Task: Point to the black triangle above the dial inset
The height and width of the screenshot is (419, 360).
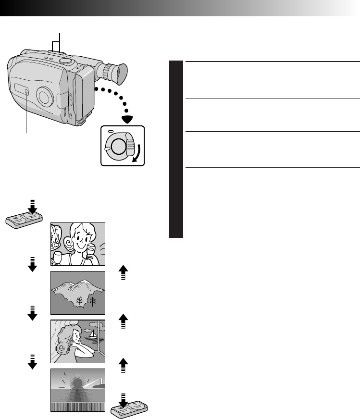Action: click(x=127, y=119)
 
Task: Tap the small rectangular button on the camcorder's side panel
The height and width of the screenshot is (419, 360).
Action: click(x=26, y=91)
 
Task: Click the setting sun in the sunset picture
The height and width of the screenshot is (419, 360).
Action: click(x=77, y=384)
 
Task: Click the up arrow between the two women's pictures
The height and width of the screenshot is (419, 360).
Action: click(x=123, y=320)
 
